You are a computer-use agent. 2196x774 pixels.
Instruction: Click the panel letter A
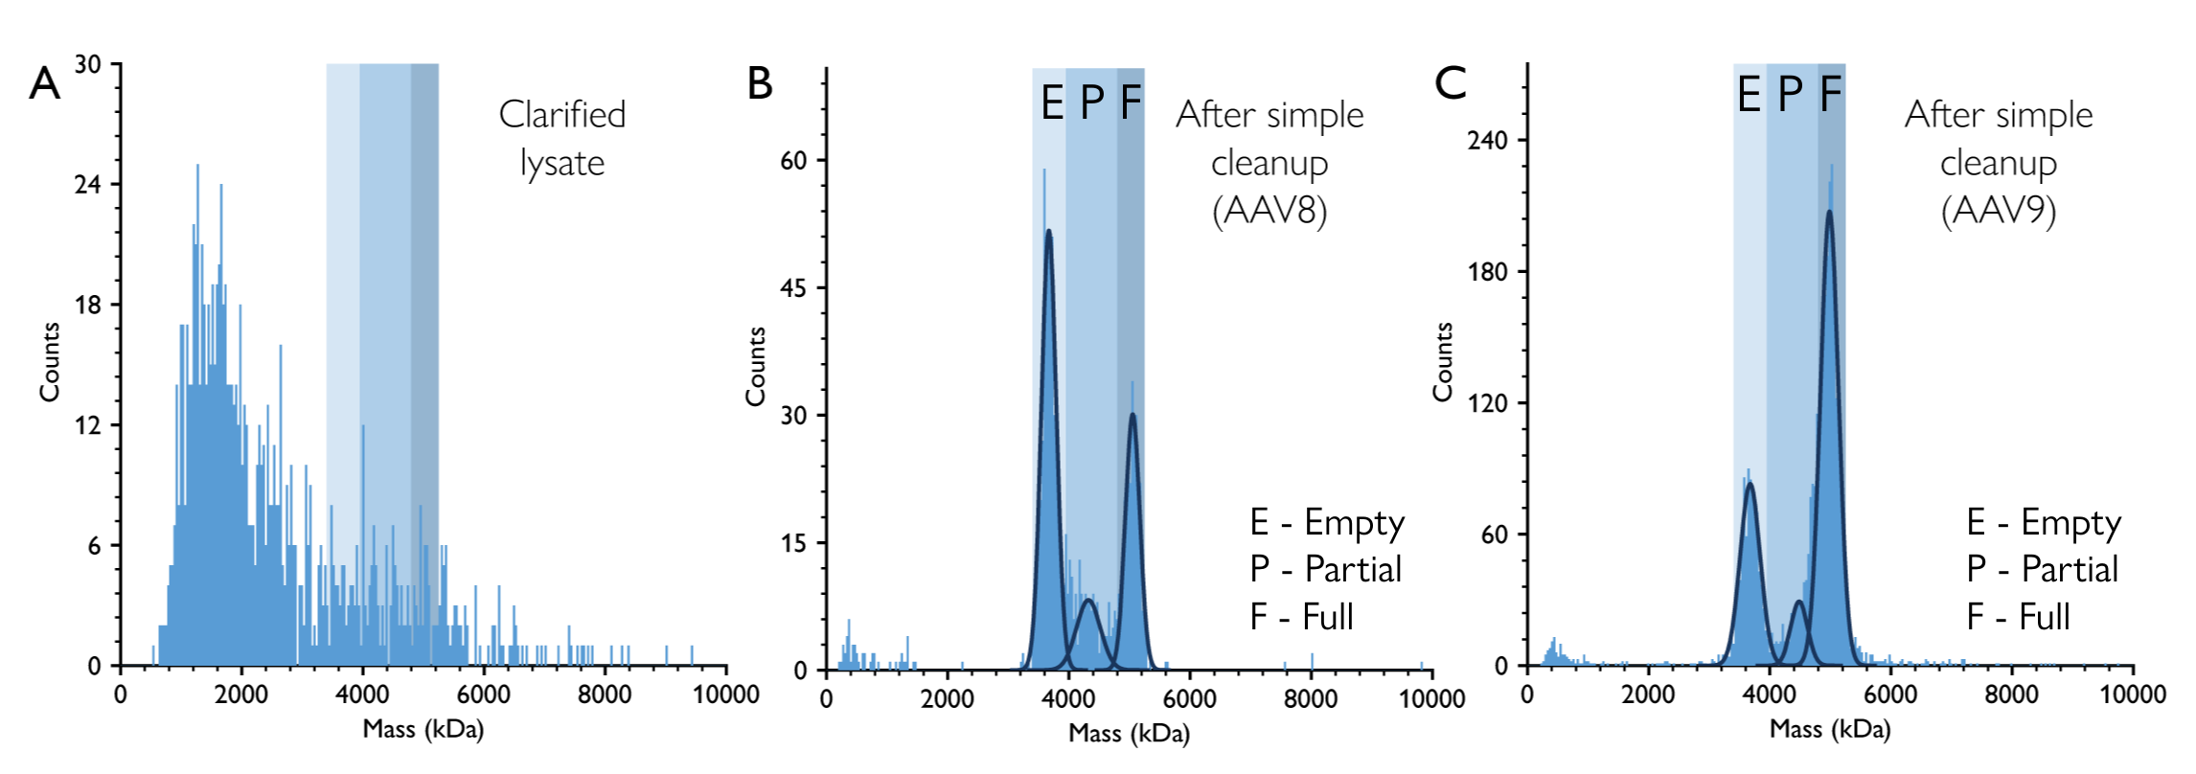tap(44, 84)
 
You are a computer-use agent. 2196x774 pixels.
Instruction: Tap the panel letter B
tap(760, 84)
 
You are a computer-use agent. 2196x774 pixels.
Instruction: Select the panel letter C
tap(1451, 84)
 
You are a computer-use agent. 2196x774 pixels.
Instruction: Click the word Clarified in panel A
tap(562, 115)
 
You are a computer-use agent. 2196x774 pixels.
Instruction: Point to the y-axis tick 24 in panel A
tap(87, 184)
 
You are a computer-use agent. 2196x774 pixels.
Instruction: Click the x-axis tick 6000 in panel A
tap(483, 694)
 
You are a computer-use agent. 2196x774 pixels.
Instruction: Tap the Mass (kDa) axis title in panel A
tap(423, 730)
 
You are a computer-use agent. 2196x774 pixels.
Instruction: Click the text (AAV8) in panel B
tap(1270, 210)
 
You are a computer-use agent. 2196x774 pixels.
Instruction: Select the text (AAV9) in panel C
tap(1999, 210)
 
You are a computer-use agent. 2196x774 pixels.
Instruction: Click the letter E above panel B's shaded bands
tap(1052, 102)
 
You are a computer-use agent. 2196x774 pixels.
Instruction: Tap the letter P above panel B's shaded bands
tap(1092, 102)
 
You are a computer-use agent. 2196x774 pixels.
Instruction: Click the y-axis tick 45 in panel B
tap(793, 288)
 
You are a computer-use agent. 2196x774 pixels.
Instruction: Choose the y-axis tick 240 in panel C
tap(1487, 141)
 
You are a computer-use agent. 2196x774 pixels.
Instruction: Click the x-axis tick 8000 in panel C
tap(2011, 694)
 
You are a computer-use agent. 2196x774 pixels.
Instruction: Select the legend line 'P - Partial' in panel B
tap(1325, 570)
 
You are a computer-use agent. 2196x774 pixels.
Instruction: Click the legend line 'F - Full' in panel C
tap(2018, 617)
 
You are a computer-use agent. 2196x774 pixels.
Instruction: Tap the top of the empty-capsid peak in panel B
tap(1049, 231)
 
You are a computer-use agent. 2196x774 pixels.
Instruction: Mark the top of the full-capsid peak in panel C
tap(1829, 212)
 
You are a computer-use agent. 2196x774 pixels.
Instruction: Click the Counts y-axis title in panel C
tap(1443, 362)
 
